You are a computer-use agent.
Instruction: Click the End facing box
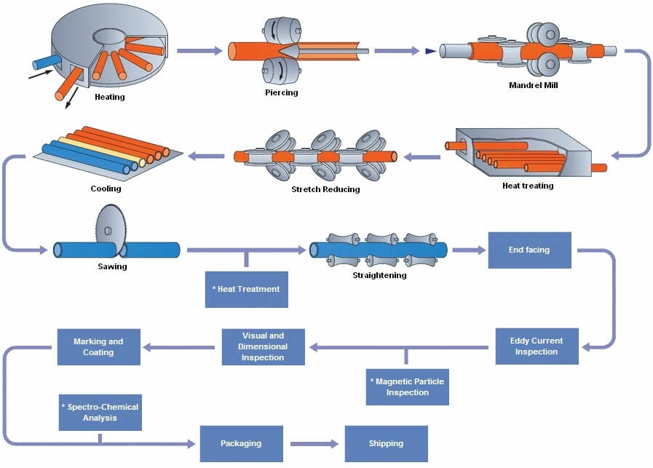point(529,250)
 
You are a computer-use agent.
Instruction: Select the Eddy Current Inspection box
point(536,346)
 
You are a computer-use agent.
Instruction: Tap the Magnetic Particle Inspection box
point(407,386)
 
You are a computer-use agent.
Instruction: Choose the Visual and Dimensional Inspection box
point(263,346)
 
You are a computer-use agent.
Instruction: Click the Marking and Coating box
point(98,346)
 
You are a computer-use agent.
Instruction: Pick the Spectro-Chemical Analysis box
point(100,413)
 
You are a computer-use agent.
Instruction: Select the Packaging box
point(241,443)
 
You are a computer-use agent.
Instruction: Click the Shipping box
point(386,443)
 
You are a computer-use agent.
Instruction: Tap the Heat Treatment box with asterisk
point(246,289)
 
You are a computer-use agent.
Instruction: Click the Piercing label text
point(281,92)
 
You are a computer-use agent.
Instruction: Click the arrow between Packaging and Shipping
point(314,443)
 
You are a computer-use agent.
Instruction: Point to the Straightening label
point(379,275)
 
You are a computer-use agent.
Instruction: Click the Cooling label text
point(106,189)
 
